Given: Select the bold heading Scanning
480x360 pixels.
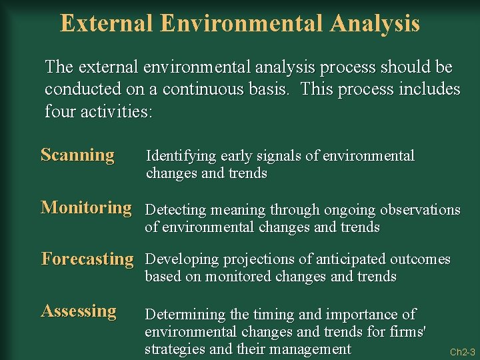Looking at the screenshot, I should click(77, 155).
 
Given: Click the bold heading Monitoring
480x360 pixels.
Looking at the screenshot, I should click(86, 207).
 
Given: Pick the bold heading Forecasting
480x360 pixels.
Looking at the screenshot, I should click(87, 259).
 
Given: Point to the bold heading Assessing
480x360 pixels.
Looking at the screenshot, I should click(79, 311).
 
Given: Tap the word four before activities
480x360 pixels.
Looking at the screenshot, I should click(60, 111).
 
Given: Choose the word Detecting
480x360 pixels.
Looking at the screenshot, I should click(176, 210).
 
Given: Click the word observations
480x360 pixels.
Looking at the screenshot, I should click(420, 210).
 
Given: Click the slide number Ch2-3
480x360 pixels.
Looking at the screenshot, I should click(462, 352).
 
